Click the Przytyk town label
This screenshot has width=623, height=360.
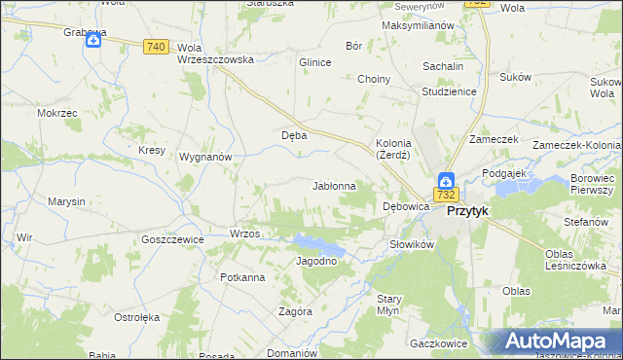[467, 210]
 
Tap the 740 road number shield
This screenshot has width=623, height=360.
[155, 47]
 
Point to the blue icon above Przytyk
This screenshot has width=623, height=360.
[445, 180]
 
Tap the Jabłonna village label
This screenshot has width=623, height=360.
[334, 185]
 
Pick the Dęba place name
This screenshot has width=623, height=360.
[294, 135]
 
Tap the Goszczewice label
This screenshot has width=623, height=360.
[172, 238]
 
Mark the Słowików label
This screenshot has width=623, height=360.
[410, 244]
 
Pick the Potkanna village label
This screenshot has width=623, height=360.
[242, 277]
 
